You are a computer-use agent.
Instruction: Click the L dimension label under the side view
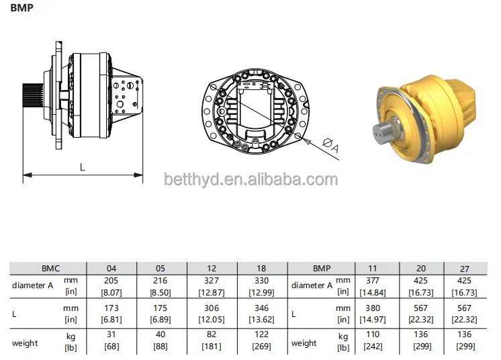tap(83, 167)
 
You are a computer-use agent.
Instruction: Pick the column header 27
tap(465, 267)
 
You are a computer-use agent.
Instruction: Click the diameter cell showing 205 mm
tap(111, 285)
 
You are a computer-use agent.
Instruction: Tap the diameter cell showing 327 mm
tap(212, 285)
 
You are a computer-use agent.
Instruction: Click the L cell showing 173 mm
tap(111, 314)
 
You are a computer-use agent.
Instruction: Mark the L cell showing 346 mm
tap(261, 314)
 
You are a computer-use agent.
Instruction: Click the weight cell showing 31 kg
tap(111, 341)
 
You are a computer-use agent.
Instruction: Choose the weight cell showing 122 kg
tap(261, 341)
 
